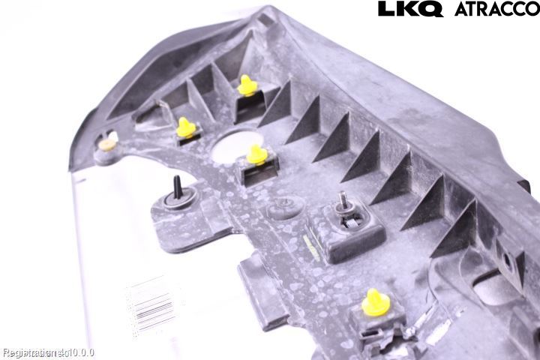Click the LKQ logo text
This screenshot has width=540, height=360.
coord(411,9)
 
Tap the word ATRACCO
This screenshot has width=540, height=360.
coord(496,9)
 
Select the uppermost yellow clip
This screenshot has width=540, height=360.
coord(247,85)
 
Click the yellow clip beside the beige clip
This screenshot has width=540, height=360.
coord(186,128)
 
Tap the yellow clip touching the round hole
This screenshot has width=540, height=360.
coord(257,155)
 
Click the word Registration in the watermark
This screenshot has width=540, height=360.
coord(27,352)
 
